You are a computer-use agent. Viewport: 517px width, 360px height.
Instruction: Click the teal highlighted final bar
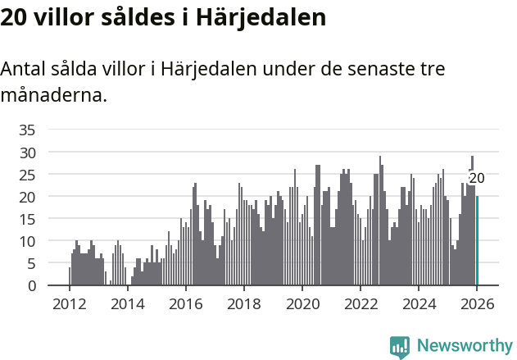[477, 241]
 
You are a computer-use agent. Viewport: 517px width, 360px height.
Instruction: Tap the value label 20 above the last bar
[477, 178]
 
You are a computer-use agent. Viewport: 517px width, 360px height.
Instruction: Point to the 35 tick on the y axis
[27, 130]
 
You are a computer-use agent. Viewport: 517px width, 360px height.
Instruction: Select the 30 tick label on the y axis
[27, 153]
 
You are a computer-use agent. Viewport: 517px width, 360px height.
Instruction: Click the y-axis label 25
[27, 175]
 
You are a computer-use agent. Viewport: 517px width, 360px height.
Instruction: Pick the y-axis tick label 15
[27, 219]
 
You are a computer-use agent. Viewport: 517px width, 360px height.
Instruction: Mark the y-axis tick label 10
[27, 241]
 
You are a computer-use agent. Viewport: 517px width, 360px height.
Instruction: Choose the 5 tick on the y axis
[31, 263]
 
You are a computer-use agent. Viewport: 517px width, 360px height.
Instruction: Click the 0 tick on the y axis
[31, 285]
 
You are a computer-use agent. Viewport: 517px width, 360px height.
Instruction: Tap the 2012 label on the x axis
[69, 304]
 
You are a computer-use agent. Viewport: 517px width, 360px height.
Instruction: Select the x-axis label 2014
[127, 304]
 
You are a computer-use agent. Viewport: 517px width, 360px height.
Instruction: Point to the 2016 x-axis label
[185, 304]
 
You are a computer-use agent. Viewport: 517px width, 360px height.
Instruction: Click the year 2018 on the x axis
[243, 304]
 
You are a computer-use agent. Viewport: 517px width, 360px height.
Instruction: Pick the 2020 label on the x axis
[302, 304]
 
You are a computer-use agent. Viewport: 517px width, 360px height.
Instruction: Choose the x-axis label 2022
[361, 304]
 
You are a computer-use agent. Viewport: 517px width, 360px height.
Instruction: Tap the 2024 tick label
[419, 304]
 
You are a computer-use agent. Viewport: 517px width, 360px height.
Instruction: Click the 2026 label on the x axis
[477, 304]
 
